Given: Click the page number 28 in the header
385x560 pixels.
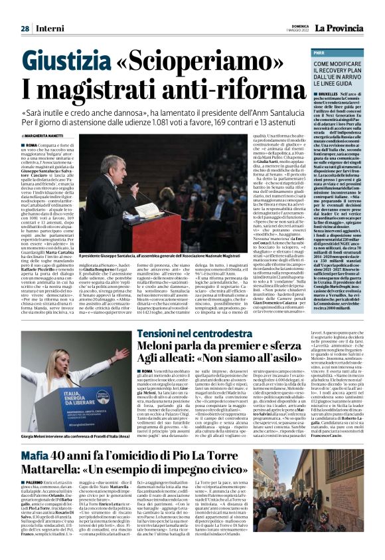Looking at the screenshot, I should pyautogui.click(x=25, y=10).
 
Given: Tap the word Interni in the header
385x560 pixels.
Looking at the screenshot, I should pyautogui.click(x=46, y=10).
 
